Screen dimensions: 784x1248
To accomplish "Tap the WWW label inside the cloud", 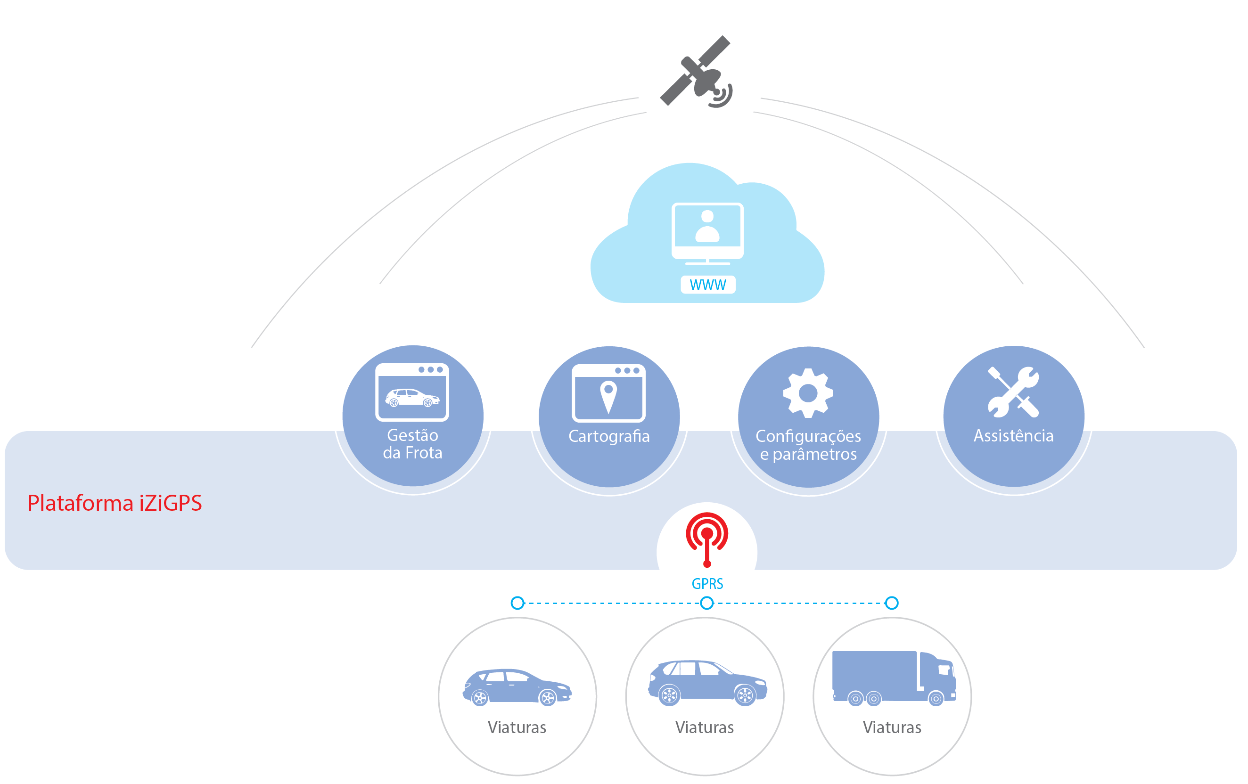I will pos(708,285).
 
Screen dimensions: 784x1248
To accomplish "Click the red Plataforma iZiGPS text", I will pos(115,503).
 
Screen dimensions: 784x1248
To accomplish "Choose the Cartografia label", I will pos(609,436).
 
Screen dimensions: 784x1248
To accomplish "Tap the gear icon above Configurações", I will pos(808,393).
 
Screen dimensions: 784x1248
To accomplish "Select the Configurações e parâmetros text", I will pos(808,445).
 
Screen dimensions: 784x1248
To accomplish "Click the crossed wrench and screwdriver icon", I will pos(1013,392).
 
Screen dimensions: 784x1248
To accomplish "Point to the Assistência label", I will pos(1013,436).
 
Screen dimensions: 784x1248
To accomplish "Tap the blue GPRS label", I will pos(707,584).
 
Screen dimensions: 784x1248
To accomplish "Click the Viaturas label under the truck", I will pos(892,727).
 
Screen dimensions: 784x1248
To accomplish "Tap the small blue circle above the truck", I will pos(891,603).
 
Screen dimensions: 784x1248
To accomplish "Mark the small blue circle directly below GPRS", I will pos(707,603).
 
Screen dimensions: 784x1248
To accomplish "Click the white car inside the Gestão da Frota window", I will pos(412,398).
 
